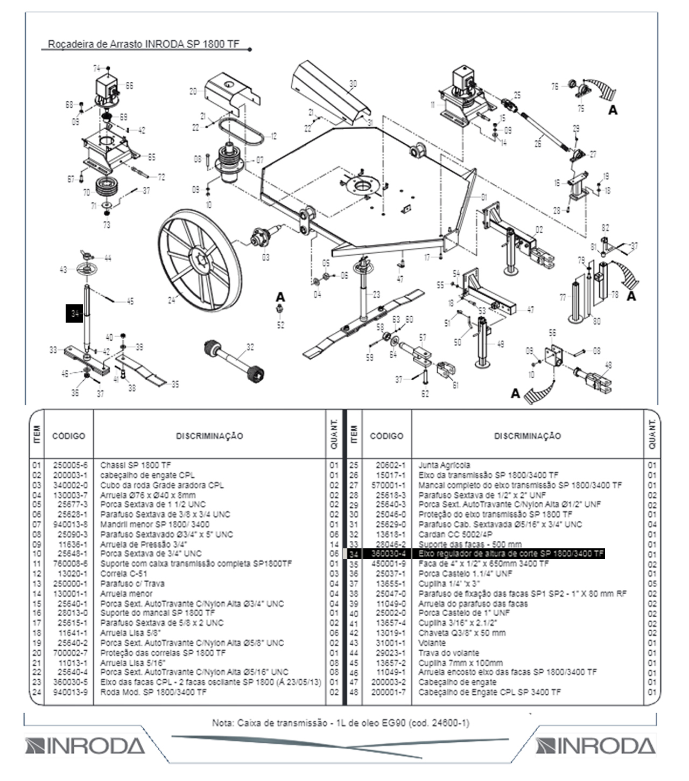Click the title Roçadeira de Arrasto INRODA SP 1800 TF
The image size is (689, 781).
point(144,44)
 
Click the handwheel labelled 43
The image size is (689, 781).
point(86,269)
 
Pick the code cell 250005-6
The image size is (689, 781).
point(69,465)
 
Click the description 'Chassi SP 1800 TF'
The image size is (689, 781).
point(135,465)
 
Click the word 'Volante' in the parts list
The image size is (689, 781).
point(432,643)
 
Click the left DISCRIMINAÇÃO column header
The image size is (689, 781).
point(209,436)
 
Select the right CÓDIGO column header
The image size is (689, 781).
point(386,436)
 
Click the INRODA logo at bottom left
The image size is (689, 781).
point(85,746)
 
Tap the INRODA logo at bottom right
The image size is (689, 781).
point(595,746)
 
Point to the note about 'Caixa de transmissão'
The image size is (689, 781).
point(340,722)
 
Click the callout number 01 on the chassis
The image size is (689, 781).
point(484,198)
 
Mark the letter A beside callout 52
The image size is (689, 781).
point(280,297)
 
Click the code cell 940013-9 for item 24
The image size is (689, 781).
point(69,692)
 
